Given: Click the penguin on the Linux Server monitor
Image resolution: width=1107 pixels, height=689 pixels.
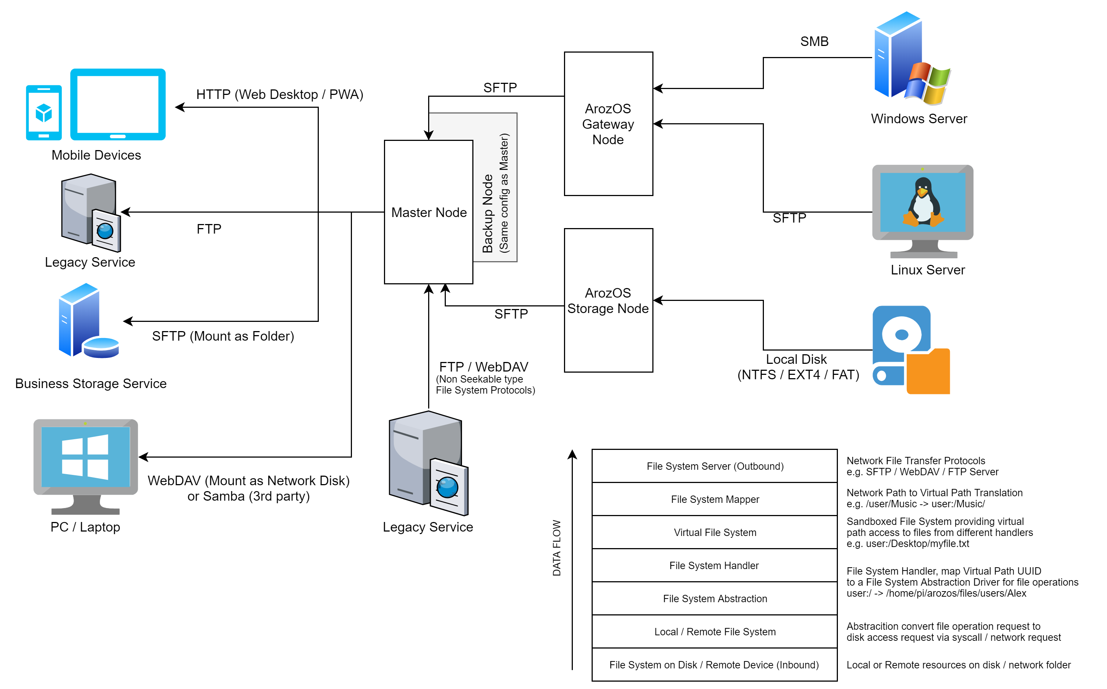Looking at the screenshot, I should (x=923, y=203).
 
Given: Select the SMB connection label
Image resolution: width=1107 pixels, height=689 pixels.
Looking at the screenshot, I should (x=814, y=42).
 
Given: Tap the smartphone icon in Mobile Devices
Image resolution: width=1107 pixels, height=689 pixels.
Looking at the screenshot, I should (x=44, y=113).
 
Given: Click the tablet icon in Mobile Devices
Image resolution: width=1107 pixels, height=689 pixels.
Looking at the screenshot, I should (x=118, y=104).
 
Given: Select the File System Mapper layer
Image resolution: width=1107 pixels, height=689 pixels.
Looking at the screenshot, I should (x=715, y=500).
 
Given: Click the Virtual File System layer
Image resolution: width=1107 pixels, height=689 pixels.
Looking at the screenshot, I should (x=715, y=532).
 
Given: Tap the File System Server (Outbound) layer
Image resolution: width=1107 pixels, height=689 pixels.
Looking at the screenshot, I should (x=715, y=466).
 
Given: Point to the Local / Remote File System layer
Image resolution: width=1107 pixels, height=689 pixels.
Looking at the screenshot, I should (x=715, y=632).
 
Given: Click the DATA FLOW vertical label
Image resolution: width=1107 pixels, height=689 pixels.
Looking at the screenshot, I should (x=557, y=548).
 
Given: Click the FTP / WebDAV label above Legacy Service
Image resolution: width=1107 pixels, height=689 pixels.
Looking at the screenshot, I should (x=483, y=367).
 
